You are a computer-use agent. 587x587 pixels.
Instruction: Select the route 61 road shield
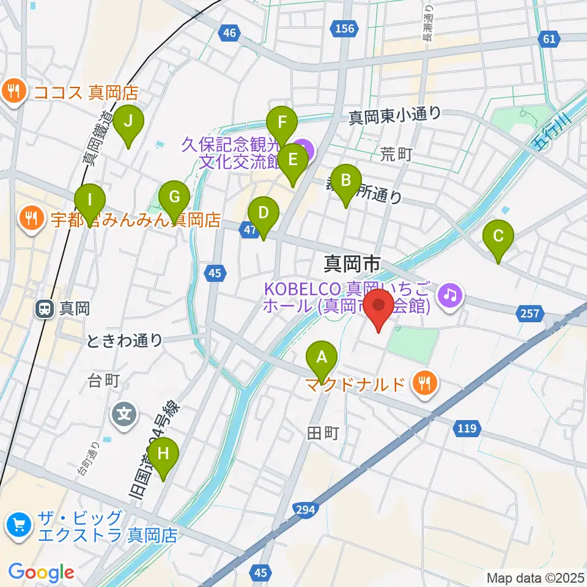point(548,40)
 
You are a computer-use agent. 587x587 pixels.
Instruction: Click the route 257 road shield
point(530,314)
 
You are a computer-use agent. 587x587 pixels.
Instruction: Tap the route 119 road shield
point(467,429)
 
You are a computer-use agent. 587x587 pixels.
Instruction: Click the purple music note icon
point(450,295)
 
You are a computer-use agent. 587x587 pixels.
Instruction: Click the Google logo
point(41,573)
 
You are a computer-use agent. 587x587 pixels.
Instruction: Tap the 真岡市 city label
point(352,264)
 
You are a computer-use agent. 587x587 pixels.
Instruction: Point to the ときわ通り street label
point(125,341)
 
